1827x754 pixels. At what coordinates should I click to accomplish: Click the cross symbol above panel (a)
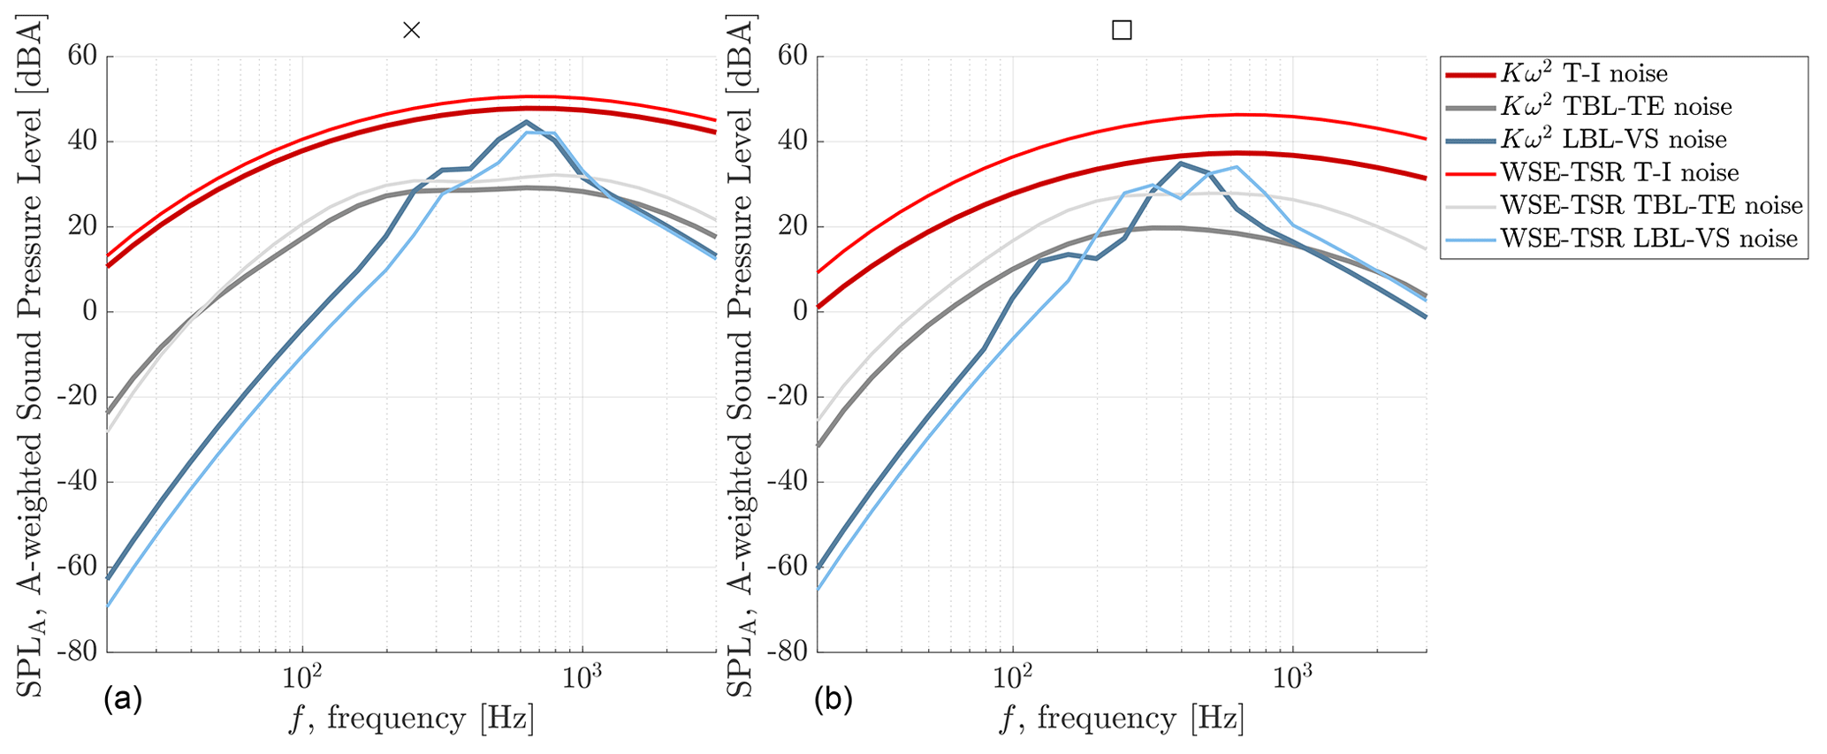[411, 30]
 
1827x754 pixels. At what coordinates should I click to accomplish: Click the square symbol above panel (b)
[1121, 30]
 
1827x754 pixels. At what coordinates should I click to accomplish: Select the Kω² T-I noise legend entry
[1583, 74]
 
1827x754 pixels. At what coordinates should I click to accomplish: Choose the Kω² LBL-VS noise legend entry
[1613, 140]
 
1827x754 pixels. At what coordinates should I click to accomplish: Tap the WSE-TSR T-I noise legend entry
[1619, 172]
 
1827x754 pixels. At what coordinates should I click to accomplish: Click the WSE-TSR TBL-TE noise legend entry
[1651, 205]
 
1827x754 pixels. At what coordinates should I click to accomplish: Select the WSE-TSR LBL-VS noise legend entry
[1648, 239]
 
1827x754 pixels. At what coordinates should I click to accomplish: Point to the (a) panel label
[122, 701]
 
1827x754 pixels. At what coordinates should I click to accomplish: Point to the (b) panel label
[833, 701]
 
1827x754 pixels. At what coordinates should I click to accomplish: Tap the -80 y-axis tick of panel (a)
[79, 651]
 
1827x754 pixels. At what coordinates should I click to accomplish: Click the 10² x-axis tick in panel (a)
[302, 677]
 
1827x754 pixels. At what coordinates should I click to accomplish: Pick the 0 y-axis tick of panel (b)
[800, 311]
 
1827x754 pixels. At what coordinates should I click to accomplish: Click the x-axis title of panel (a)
[411, 719]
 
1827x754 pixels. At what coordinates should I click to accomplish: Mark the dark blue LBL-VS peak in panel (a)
[526, 122]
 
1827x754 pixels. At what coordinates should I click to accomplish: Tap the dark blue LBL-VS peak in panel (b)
[1180, 163]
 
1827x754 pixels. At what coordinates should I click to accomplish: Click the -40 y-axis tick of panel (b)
[788, 482]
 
